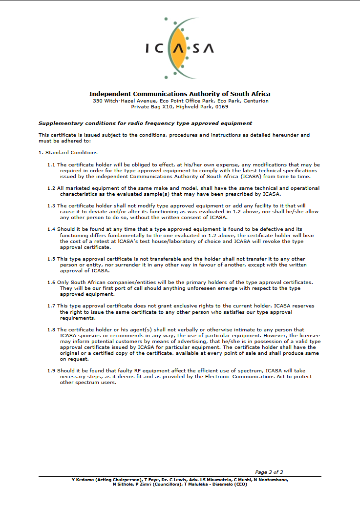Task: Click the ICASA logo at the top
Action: (x=180, y=48)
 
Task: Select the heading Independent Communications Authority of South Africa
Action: (x=179, y=94)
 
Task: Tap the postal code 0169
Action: (x=221, y=106)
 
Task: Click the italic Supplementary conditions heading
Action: (x=145, y=123)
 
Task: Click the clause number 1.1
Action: (x=51, y=165)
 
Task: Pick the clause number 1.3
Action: (x=51, y=206)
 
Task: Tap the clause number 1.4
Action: (x=51, y=229)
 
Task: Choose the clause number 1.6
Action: (x=51, y=283)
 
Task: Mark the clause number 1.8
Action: (x=51, y=330)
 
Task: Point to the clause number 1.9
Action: (x=51, y=371)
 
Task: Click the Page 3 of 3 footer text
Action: (x=269, y=472)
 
